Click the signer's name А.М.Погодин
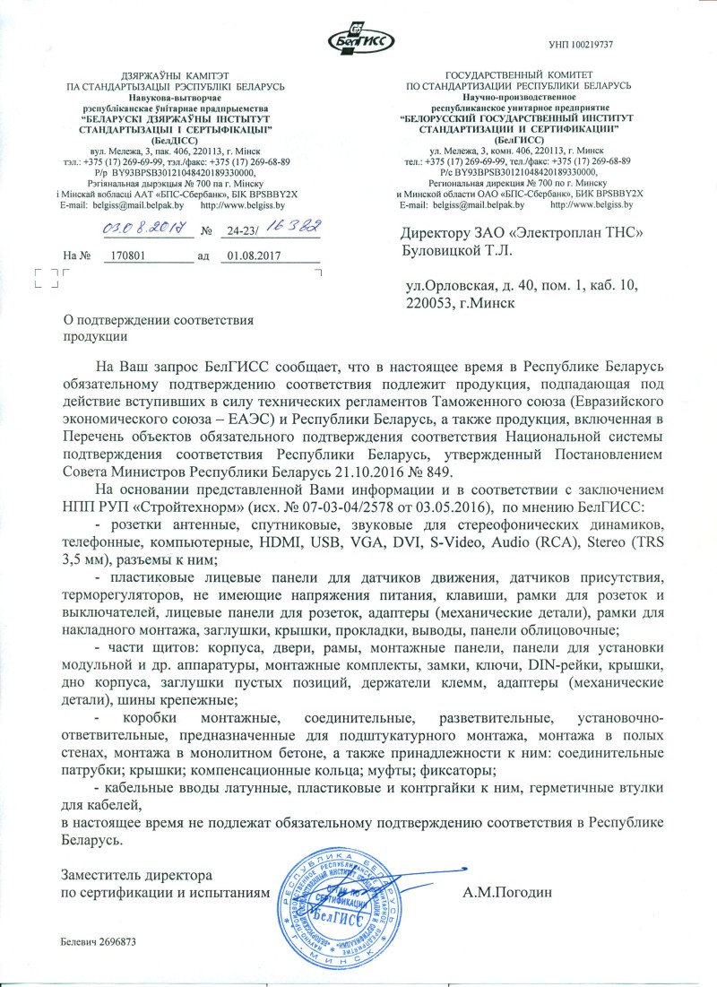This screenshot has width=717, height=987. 508,892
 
